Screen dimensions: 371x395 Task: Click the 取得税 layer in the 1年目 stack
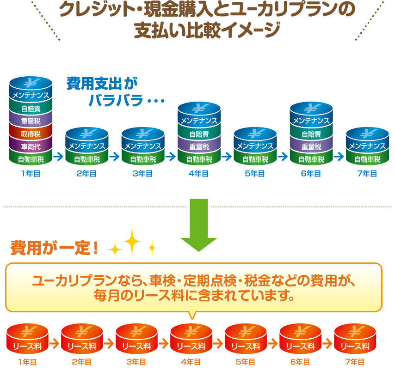pyautogui.click(x=31, y=134)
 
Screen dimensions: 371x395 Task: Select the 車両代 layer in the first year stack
pyautogui.click(x=31, y=147)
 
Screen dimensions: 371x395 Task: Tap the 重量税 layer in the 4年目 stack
pyautogui.click(x=199, y=147)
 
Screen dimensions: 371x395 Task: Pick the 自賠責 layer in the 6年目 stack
pyautogui.click(x=311, y=134)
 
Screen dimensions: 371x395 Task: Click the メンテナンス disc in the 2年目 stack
pyautogui.click(x=87, y=146)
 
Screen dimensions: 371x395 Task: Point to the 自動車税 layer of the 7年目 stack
pyautogui.click(x=367, y=159)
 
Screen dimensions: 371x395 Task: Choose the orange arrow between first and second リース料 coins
pyautogui.click(x=55, y=344)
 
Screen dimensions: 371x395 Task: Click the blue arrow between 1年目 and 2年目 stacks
pyautogui.click(x=58, y=157)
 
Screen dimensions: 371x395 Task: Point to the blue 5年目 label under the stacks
pyautogui.click(x=255, y=174)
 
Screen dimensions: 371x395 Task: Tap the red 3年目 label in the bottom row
pyautogui.click(x=136, y=362)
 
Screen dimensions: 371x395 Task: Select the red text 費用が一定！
pyautogui.click(x=55, y=248)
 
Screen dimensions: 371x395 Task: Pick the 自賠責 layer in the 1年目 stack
pyautogui.click(x=31, y=109)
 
